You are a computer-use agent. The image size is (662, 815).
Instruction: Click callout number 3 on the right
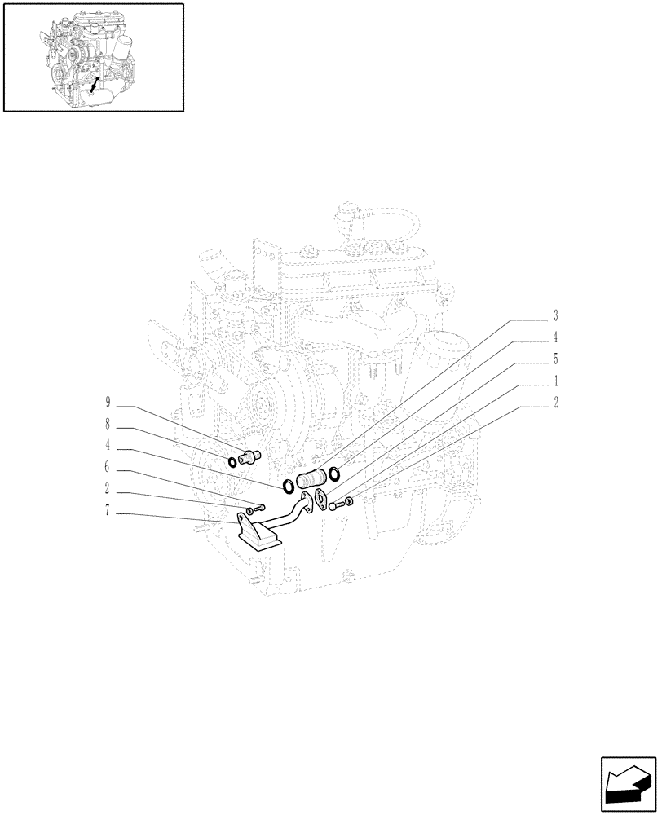pos(556,315)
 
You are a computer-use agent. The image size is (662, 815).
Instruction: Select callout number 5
pos(556,359)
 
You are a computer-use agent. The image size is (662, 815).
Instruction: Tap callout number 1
pos(556,381)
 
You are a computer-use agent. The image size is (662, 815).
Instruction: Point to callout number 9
pos(107,403)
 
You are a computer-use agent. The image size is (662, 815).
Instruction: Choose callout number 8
pos(107,425)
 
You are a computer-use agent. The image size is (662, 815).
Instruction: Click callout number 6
pos(107,469)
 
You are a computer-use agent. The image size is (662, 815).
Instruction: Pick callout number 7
pos(107,513)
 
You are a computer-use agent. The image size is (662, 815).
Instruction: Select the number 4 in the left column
pos(107,447)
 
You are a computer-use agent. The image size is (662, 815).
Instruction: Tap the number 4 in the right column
pos(556,337)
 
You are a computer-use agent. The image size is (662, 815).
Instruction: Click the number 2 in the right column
pos(556,403)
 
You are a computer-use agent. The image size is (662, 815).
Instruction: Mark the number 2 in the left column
pos(107,491)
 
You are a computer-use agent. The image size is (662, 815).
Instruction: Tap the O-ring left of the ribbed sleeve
pos(288,487)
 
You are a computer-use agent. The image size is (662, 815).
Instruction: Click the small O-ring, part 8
pos(232,463)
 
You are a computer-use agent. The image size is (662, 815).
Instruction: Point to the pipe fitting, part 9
pos(249,456)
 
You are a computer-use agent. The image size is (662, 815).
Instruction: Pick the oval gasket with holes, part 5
pos(320,497)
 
